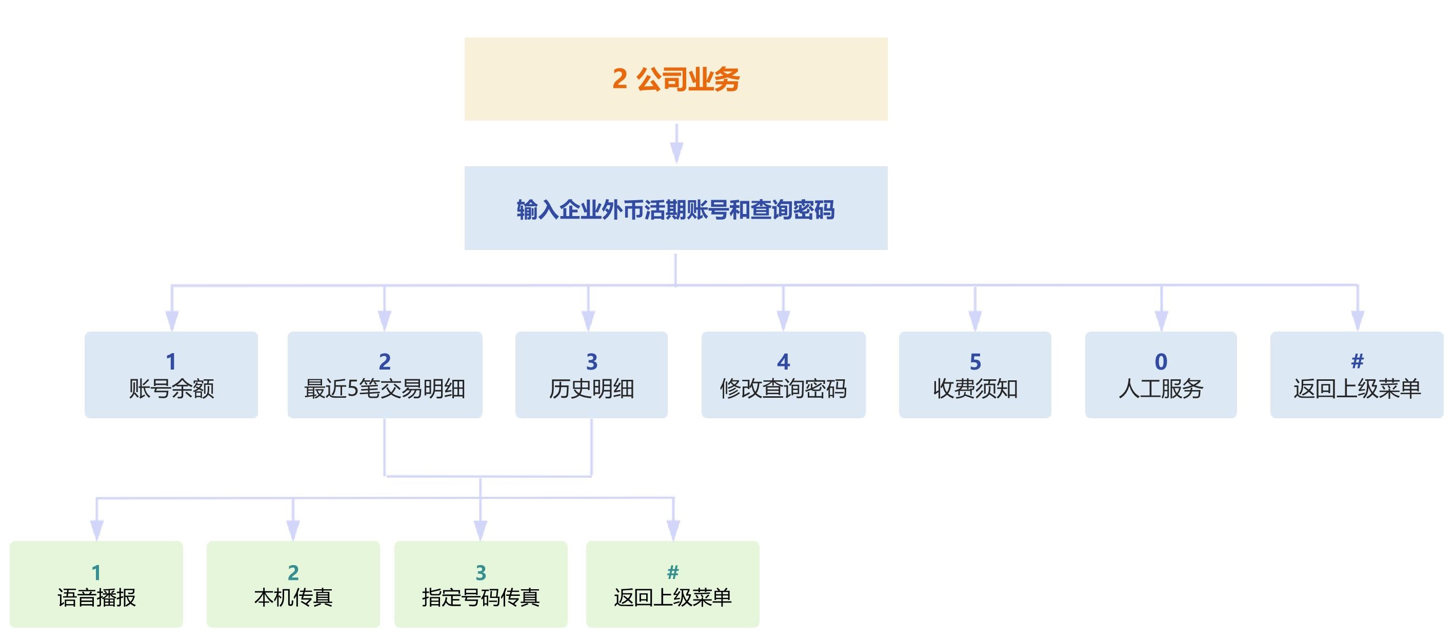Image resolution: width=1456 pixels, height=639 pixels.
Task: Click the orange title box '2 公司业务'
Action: (x=675, y=79)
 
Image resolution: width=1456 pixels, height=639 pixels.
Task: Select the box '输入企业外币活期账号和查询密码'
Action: (x=675, y=208)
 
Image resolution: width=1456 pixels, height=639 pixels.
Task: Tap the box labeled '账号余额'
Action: (x=171, y=375)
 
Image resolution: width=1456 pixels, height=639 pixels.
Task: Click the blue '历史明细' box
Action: (x=591, y=375)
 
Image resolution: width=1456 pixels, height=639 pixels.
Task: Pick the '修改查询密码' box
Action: (x=784, y=375)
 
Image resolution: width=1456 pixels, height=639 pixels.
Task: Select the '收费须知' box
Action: (x=975, y=375)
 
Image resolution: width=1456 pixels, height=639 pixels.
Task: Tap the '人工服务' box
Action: (x=1161, y=375)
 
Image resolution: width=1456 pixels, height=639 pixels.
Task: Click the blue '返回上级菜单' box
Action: (x=1357, y=375)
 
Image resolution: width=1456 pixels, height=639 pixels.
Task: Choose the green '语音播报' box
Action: (x=96, y=584)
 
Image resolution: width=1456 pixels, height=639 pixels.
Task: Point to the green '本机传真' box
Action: (x=293, y=584)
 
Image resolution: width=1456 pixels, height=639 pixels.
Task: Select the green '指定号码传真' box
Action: (x=481, y=584)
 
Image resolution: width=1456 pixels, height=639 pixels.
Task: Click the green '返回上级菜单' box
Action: (x=672, y=584)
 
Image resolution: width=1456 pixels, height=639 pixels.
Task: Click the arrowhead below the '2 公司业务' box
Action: (x=676, y=152)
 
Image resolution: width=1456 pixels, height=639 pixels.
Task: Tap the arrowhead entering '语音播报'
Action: (x=96, y=530)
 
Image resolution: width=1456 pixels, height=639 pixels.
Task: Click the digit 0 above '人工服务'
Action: (x=1161, y=361)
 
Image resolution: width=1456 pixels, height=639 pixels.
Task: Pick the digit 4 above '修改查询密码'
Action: (x=784, y=361)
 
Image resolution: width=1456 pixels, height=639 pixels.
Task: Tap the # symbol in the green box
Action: (x=672, y=572)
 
